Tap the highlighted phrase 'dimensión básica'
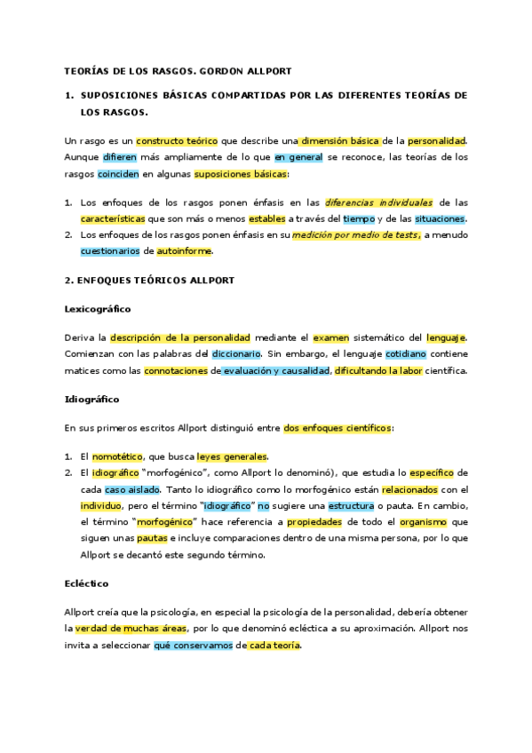pos(340,140)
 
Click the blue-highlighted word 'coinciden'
pos(117,172)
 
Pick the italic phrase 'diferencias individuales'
pos(378,203)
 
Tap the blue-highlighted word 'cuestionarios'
pos(110,251)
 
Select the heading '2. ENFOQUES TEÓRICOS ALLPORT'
pos(149,281)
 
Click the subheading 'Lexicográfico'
pos(98,309)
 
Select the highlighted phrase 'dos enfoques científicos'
pos(337,427)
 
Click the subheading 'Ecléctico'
pos(87,585)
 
